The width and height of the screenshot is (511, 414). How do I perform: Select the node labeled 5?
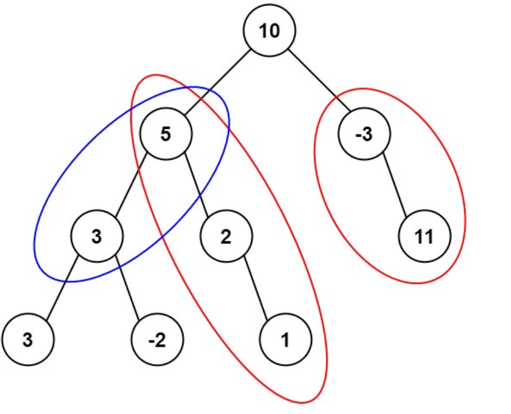tap(166, 135)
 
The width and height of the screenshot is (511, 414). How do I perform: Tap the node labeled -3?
tap(364, 135)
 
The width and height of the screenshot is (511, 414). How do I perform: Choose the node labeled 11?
tap(424, 237)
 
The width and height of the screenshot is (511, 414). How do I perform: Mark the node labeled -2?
tap(157, 340)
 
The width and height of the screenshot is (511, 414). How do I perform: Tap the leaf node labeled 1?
tap(285, 340)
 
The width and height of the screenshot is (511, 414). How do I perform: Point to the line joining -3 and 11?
tap(395, 186)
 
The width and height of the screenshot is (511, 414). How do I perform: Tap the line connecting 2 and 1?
tap(256, 289)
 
